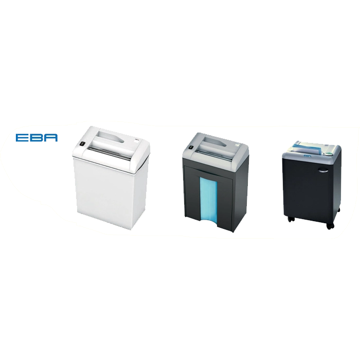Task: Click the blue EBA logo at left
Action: coord(37,137)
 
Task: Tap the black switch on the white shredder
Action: coord(82,144)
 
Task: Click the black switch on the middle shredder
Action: coord(191,148)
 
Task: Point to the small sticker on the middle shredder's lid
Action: coord(237,145)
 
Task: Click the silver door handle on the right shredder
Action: coord(323,170)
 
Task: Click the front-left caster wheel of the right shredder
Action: coord(291,219)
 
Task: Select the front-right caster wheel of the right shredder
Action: coord(330,226)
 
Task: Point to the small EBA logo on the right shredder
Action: coord(307,156)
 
